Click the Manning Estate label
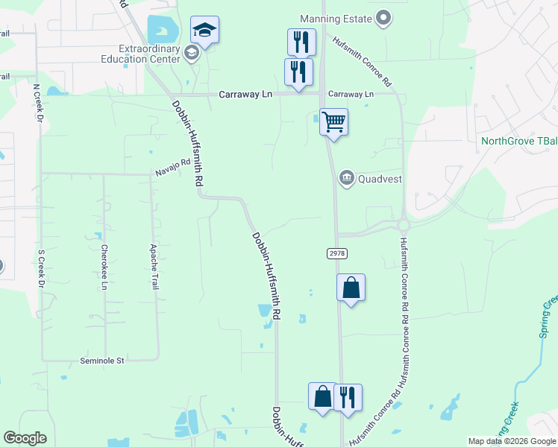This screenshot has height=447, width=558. (x=336, y=18)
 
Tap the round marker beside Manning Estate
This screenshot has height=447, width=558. (x=384, y=18)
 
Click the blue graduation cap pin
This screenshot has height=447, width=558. (x=204, y=31)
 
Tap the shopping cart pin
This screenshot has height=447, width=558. (x=333, y=121)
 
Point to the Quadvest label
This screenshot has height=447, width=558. (x=381, y=178)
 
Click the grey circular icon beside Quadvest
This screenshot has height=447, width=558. (x=347, y=177)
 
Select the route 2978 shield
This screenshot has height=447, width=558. (x=337, y=253)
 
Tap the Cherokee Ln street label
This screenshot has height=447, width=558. (x=104, y=267)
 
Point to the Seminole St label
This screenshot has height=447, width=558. (x=101, y=361)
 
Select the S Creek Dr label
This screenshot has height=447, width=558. (x=41, y=269)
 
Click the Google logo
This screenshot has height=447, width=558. (x=25, y=438)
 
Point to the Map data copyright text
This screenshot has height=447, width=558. (x=511, y=441)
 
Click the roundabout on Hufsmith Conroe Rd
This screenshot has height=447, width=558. (x=404, y=225)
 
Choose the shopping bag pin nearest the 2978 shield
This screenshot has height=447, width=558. (x=351, y=288)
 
